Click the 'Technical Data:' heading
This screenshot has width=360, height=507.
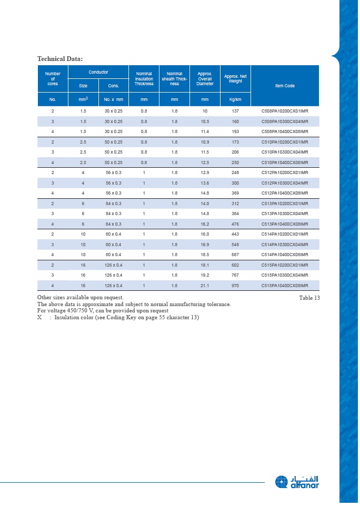(60, 58)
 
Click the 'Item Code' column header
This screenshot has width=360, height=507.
(285, 86)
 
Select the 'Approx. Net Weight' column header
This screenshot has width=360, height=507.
(235, 79)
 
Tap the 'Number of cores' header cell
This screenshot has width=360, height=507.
(53, 79)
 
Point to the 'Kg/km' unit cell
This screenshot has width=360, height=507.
(235, 99)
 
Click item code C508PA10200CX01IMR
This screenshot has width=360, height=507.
(285, 111)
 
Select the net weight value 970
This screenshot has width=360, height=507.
(235, 286)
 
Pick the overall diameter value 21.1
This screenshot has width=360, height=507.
(205, 286)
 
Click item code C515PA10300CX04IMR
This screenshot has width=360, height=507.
(285, 275)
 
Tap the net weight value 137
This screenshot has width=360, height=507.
(235, 111)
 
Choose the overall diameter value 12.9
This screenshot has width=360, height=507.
(205, 173)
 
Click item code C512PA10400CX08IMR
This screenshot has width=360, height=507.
(285, 193)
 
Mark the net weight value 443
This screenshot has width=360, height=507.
(235, 234)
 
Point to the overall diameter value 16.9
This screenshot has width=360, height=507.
(205, 245)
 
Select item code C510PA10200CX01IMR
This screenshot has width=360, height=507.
(285, 142)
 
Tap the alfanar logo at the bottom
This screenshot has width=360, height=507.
(297, 482)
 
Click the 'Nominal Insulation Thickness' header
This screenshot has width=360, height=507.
(144, 79)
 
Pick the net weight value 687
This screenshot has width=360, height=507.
(235, 255)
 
